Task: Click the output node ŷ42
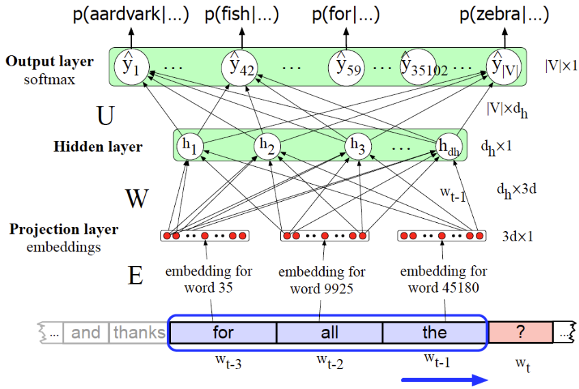(x=239, y=66)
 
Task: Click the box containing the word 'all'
(x=329, y=332)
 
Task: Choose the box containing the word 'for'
(x=223, y=332)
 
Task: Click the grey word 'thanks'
(x=139, y=333)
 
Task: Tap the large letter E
(x=135, y=275)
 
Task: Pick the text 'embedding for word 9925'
(x=321, y=280)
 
